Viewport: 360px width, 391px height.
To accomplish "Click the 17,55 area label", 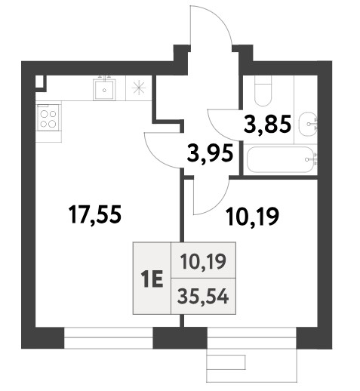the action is (x=95, y=214).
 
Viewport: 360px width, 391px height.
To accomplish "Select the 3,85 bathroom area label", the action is (x=267, y=124).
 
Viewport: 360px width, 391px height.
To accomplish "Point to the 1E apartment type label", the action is (x=152, y=279).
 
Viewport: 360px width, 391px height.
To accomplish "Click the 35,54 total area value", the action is (x=203, y=297).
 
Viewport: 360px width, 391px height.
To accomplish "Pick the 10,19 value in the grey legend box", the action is (x=204, y=261).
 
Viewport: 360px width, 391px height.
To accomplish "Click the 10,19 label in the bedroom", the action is (x=252, y=217).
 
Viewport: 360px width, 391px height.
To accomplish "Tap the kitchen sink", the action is (x=104, y=89).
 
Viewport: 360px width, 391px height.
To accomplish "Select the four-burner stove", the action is (x=48, y=118).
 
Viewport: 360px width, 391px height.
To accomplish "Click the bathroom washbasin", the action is (x=307, y=124).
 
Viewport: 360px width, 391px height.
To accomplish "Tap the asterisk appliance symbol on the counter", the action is (x=139, y=88).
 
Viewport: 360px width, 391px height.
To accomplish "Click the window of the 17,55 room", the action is (x=109, y=338).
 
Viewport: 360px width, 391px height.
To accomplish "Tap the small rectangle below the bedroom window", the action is (x=226, y=362).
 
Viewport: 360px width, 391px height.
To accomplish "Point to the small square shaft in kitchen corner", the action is (x=40, y=82).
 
